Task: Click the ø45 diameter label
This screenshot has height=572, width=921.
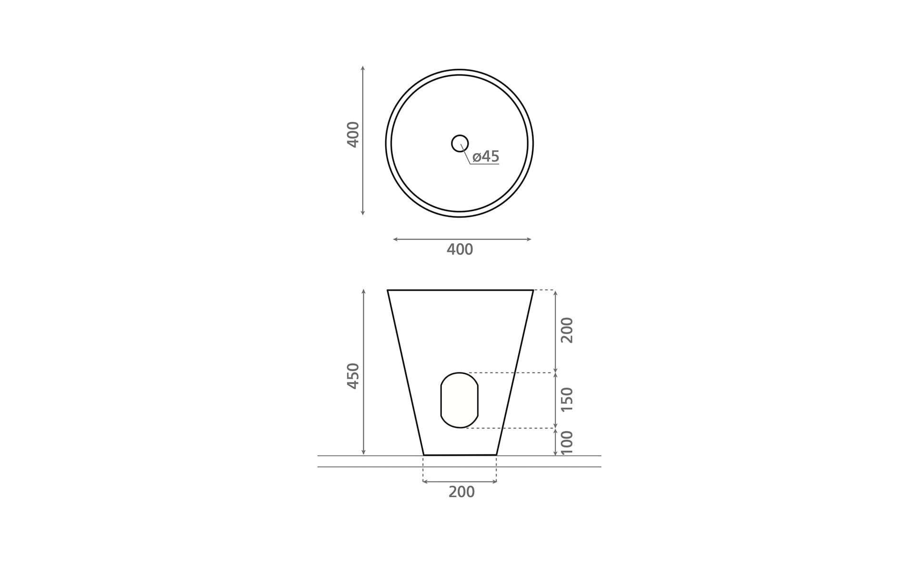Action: (x=486, y=156)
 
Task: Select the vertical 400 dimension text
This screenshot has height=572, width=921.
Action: (x=353, y=134)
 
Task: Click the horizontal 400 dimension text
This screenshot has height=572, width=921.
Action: (x=460, y=249)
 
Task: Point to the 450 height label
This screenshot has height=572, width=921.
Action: (x=353, y=376)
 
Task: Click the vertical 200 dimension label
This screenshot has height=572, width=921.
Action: (x=567, y=330)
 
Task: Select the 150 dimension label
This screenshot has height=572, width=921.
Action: (x=567, y=399)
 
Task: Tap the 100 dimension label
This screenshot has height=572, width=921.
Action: (x=567, y=443)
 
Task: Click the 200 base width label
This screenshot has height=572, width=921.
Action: (x=461, y=492)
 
